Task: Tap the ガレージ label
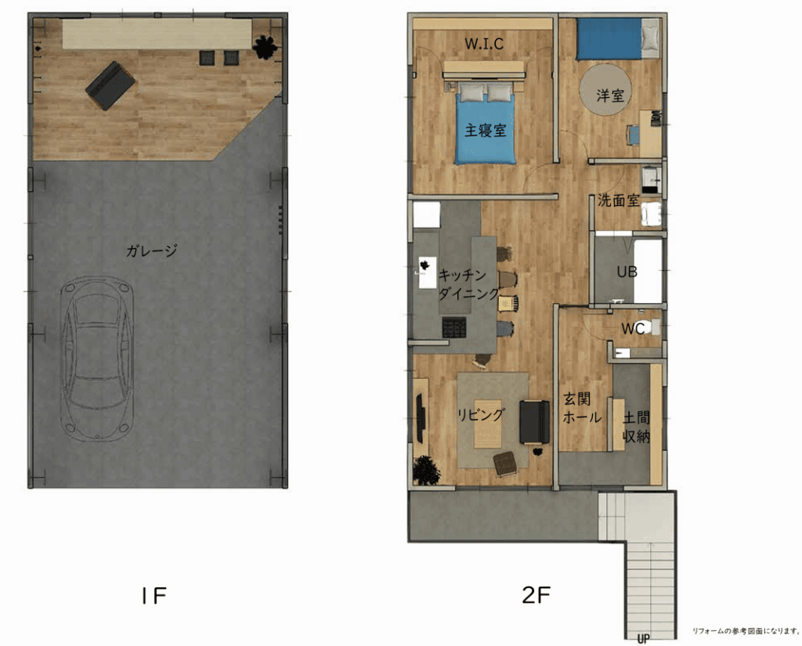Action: coord(151,251)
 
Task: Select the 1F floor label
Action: coord(154,595)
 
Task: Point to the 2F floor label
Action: coord(536,594)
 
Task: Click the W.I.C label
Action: coord(484,44)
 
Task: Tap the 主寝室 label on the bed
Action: coord(485,130)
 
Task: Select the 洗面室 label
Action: coord(619,200)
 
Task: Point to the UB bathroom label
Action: coord(627,272)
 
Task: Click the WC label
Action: coord(632,328)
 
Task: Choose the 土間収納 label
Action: coord(636,427)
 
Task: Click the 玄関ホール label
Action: coord(582,408)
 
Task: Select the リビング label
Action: coord(481,414)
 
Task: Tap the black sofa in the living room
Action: coord(534,422)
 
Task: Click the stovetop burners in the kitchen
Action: coord(454,327)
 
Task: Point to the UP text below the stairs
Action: coord(644,639)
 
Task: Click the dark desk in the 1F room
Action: coord(110,85)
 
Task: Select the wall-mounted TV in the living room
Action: coord(421,418)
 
